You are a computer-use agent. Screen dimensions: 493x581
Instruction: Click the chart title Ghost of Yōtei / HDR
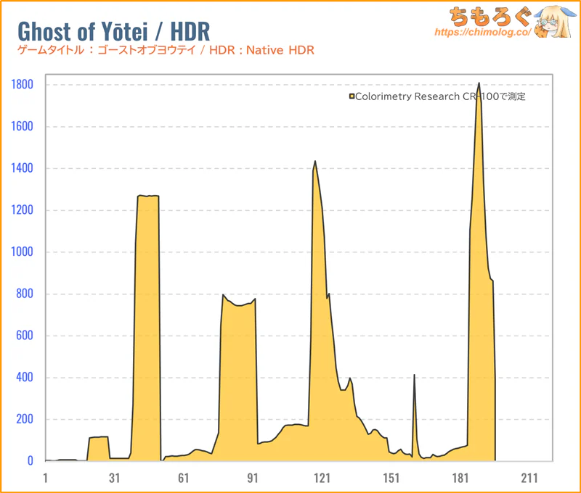click(113, 31)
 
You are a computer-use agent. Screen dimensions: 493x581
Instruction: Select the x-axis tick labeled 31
click(115, 478)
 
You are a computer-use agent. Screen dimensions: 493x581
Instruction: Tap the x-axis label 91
click(253, 478)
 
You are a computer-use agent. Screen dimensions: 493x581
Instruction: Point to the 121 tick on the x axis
click(322, 478)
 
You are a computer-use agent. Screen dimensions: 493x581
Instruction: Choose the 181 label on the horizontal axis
click(460, 478)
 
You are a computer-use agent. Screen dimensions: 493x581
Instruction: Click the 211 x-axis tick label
click(529, 478)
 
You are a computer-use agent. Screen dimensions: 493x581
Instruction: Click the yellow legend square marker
click(352, 96)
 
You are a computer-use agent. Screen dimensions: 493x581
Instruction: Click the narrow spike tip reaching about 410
click(414, 375)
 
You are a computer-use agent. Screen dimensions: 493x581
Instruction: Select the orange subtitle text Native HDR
click(284, 50)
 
